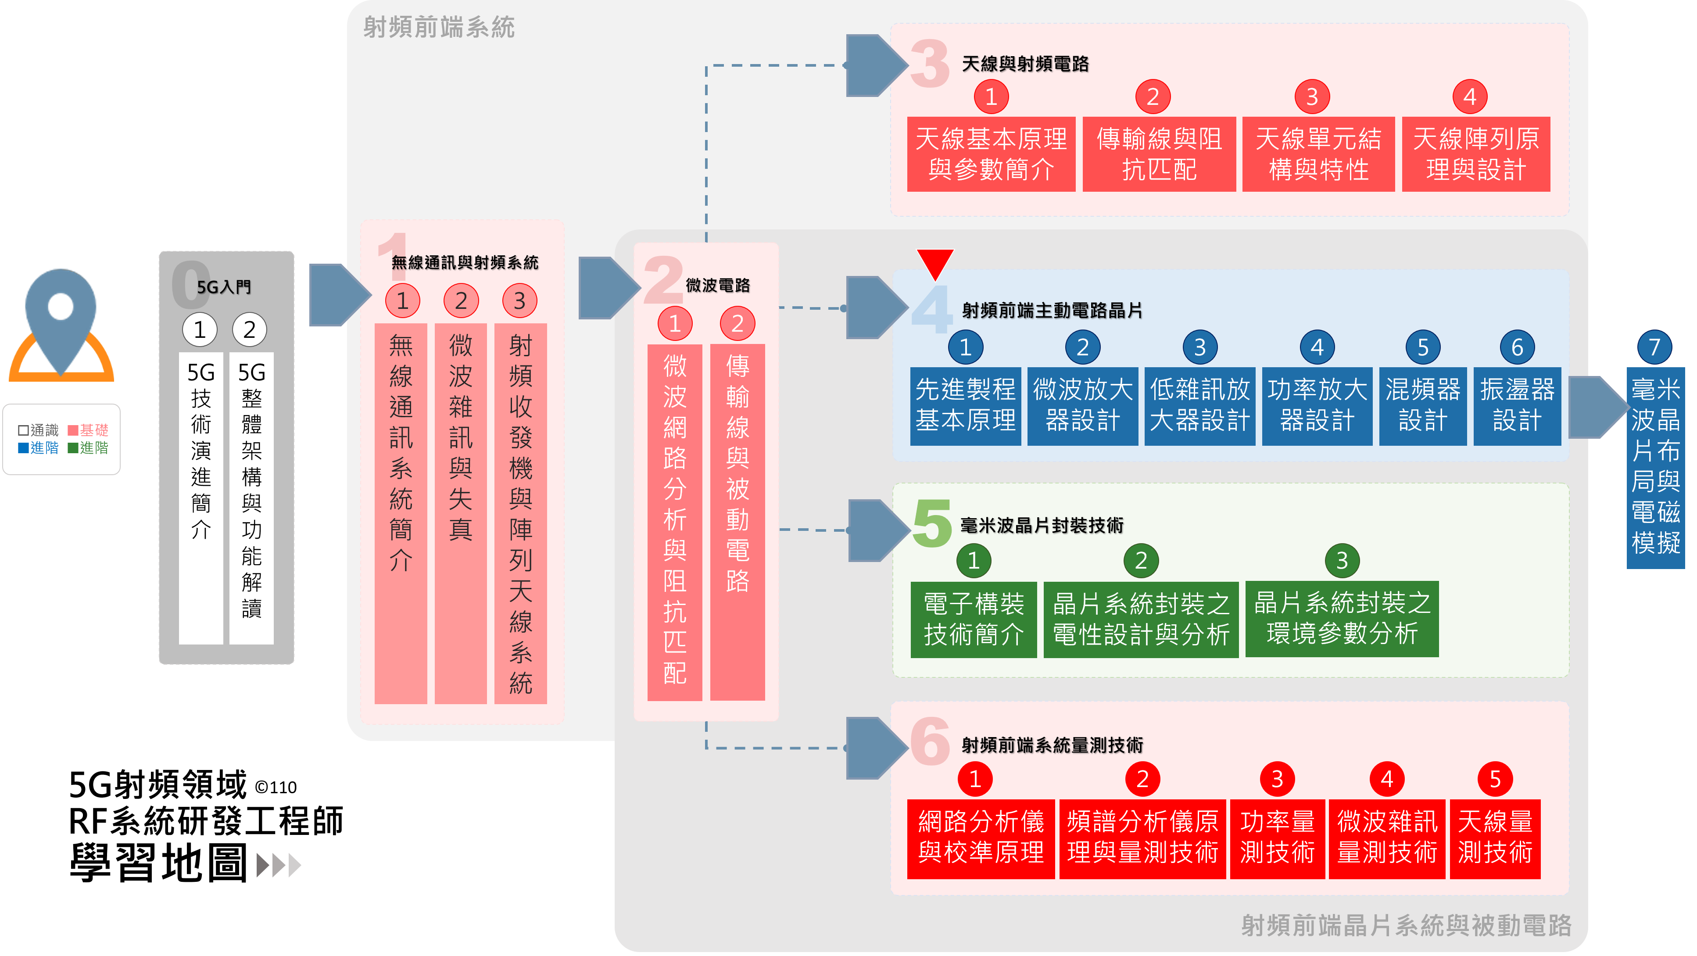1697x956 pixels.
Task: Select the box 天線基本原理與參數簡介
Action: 990,154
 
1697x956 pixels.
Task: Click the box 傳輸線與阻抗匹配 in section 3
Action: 1159,154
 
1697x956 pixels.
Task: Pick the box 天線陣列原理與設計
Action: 1475,154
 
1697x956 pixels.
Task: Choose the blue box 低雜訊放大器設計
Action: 1199,405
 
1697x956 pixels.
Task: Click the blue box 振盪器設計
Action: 1517,405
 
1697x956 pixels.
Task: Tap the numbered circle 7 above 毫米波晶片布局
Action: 1654,347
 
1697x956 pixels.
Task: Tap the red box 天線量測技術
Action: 1494,838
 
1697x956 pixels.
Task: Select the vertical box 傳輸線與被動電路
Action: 737,520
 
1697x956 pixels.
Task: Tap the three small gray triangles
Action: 279,865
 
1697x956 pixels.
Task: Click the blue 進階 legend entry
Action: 38,448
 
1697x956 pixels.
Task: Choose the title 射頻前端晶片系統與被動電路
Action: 1406,925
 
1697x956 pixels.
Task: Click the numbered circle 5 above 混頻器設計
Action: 1422,347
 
